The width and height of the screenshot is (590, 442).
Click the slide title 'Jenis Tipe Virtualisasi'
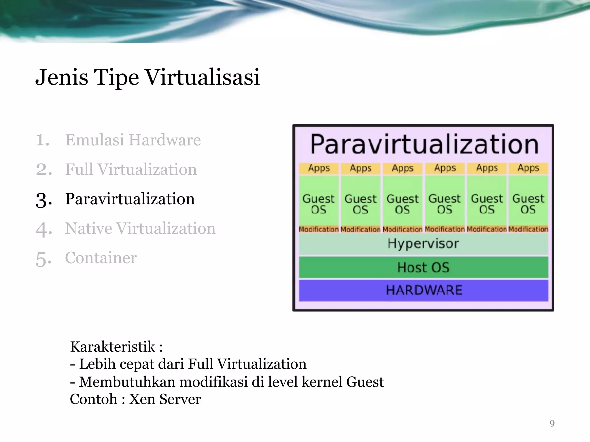147,77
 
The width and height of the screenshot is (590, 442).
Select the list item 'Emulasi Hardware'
133,140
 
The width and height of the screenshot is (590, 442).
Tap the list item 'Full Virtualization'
131,169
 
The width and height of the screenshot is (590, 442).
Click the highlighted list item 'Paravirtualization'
130,199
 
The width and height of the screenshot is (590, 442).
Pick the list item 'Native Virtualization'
140,228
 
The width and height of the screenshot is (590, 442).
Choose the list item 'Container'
101,258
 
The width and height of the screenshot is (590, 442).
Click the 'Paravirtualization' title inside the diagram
424,144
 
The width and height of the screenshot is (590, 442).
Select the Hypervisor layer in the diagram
423,244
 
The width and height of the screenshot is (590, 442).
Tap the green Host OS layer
423,267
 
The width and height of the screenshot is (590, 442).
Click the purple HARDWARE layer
423,290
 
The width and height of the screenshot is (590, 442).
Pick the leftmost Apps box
319,168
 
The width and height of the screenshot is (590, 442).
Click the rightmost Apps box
528,168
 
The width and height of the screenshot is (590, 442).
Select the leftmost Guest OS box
319,203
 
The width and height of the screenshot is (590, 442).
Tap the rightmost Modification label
528,229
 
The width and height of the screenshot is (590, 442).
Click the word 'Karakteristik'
113,346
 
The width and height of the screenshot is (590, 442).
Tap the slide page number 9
552,423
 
